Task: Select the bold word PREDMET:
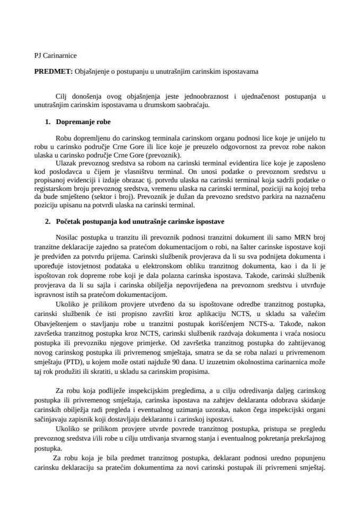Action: pyautogui.click(x=51, y=70)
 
